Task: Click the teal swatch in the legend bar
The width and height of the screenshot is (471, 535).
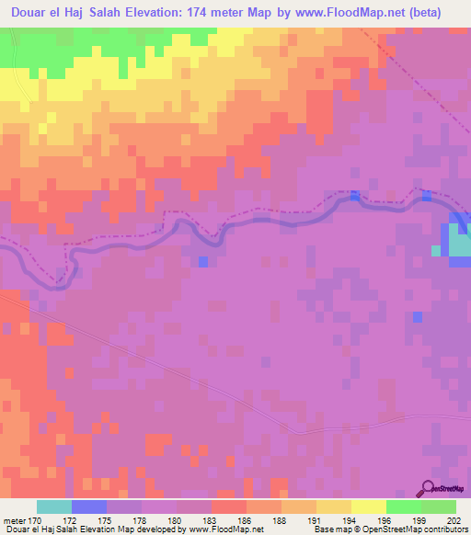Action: tap(54, 507)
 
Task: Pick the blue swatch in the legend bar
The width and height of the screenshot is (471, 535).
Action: tap(89, 507)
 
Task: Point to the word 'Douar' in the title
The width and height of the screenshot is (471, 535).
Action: tap(32, 13)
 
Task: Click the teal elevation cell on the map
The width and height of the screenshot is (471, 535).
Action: tap(437, 250)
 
